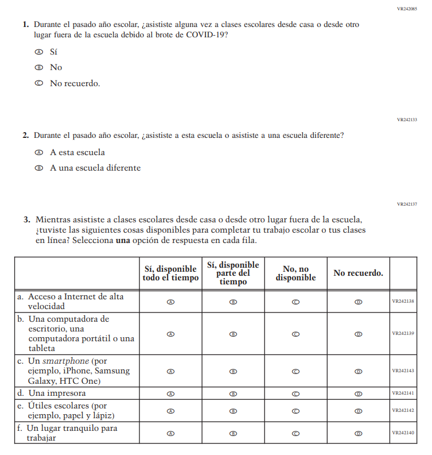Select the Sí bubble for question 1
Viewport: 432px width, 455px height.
pos(39,52)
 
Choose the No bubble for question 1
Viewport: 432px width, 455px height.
pos(39,67)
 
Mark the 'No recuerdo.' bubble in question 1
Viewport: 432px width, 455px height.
pos(39,83)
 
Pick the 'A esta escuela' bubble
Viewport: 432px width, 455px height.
pos(39,153)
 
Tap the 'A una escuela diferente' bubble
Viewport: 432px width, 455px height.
pos(39,168)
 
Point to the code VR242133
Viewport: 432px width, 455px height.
pos(407,119)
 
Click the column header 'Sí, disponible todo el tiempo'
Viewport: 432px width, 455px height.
pos(170,273)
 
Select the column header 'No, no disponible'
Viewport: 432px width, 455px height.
pos(295,273)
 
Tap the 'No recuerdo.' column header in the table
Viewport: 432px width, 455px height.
pos(358,273)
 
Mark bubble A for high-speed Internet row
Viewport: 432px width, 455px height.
pos(170,302)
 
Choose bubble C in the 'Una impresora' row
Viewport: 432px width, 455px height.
pos(295,394)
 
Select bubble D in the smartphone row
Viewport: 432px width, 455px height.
pos(358,371)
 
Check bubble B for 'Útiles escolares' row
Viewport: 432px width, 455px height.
pos(233,411)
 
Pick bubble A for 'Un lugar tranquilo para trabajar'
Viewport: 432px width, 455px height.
pos(170,433)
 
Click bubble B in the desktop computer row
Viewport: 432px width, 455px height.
pos(233,334)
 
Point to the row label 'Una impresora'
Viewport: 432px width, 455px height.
pos(57,394)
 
